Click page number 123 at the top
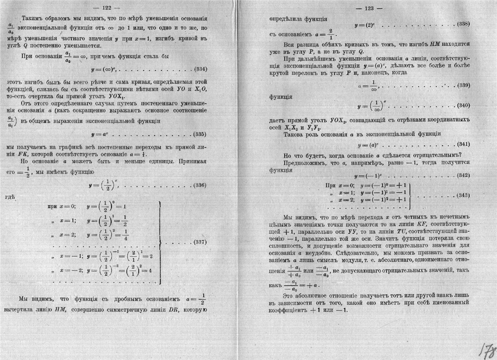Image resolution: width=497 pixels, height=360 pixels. [366, 8]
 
